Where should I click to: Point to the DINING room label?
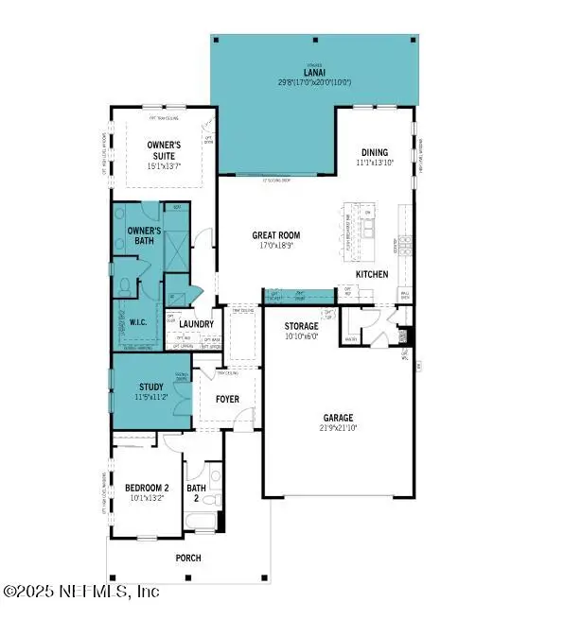(x=375, y=151)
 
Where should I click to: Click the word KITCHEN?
(x=372, y=274)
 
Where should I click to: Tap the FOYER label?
(x=227, y=399)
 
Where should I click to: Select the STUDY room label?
(x=150, y=387)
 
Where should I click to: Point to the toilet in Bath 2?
(x=217, y=500)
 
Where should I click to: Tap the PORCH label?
(x=188, y=559)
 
